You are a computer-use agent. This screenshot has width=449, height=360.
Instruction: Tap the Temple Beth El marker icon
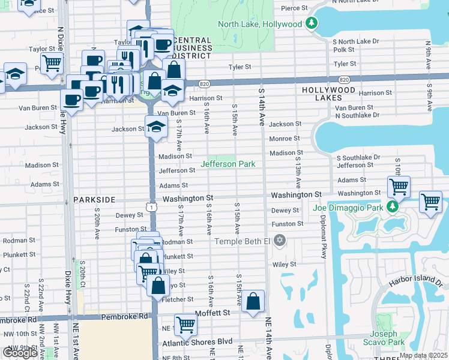279,241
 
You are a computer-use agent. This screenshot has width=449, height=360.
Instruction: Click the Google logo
20,353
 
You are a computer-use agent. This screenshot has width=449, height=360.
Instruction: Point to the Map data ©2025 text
423,355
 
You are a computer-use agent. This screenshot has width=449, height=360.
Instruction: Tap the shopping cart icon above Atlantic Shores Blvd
185,324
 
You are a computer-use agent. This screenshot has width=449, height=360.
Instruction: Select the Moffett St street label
210,313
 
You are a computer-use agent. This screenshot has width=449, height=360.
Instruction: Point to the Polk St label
344,50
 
